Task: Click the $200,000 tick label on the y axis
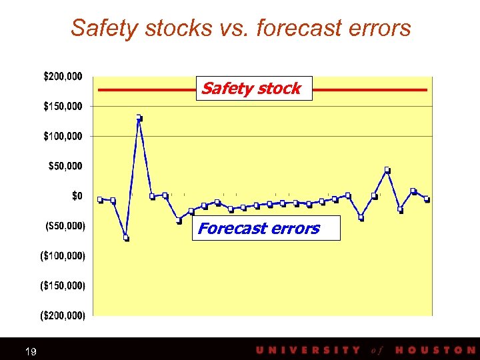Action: tap(63, 77)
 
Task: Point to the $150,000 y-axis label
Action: tap(63, 107)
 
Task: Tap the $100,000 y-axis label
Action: tap(63, 137)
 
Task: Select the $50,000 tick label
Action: tap(65, 166)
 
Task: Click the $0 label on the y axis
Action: tap(77, 196)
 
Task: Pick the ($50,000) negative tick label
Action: tap(65, 226)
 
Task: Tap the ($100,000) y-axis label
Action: tap(63, 256)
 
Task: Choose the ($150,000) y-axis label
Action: tap(63, 286)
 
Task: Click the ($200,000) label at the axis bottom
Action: tap(63, 315)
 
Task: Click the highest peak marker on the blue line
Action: tap(139, 118)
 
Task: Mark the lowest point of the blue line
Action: tap(126, 237)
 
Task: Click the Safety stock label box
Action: tap(253, 89)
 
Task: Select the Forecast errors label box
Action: tap(265, 228)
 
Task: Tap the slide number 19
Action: tap(31, 351)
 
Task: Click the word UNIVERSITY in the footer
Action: tap(307, 350)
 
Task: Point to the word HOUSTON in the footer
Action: tap(435, 350)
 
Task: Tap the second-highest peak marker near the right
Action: tap(387, 170)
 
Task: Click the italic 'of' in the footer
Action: tap(377, 350)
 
